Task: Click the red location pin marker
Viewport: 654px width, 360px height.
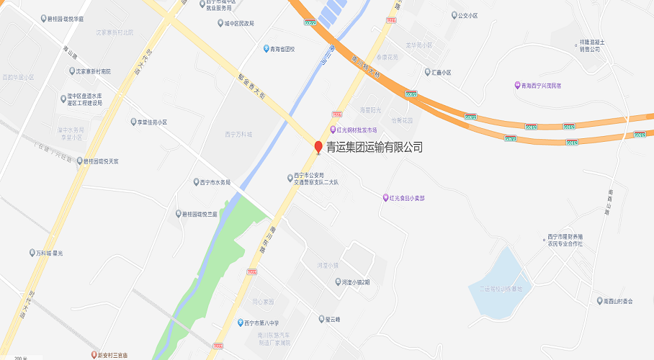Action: (x=318, y=148)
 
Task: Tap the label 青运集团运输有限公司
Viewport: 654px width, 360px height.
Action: (x=375, y=148)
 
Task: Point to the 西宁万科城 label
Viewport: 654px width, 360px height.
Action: (x=239, y=134)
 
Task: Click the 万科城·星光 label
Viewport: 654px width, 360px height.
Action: (x=50, y=253)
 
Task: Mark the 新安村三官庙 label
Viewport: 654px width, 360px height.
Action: (x=119, y=354)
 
